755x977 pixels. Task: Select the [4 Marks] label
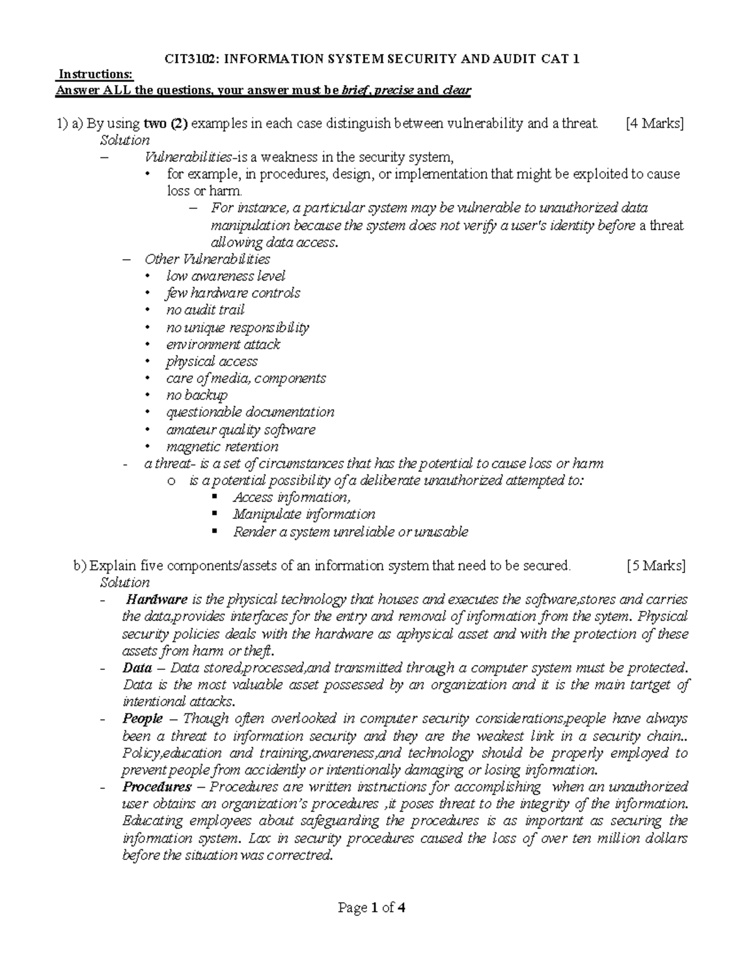click(654, 123)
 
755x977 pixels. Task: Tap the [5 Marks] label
click(656, 566)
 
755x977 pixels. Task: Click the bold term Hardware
click(156, 600)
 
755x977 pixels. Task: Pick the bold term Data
click(137, 667)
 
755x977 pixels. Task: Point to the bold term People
click(143, 718)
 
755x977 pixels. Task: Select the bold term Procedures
click(157, 786)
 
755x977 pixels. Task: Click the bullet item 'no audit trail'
click(205, 310)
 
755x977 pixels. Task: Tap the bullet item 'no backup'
click(196, 395)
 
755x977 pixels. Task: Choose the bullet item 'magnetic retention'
click(222, 447)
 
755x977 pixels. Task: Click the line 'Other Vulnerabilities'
click(207, 259)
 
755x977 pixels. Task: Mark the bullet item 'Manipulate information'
click(304, 514)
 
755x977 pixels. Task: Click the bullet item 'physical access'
click(211, 361)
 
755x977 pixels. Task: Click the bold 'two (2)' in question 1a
click(166, 123)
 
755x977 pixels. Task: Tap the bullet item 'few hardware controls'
click(233, 293)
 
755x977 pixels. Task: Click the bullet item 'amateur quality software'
click(240, 430)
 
